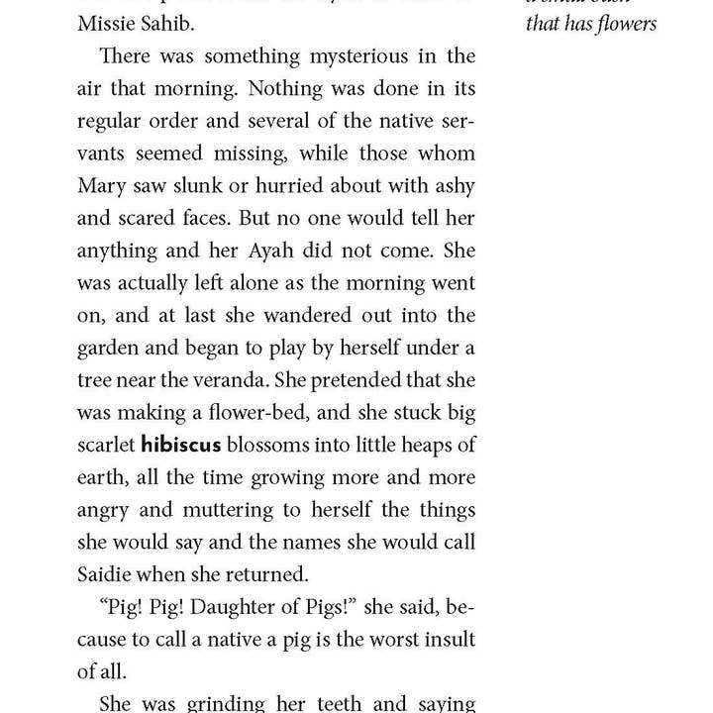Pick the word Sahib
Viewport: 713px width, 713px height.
(x=166, y=22)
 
